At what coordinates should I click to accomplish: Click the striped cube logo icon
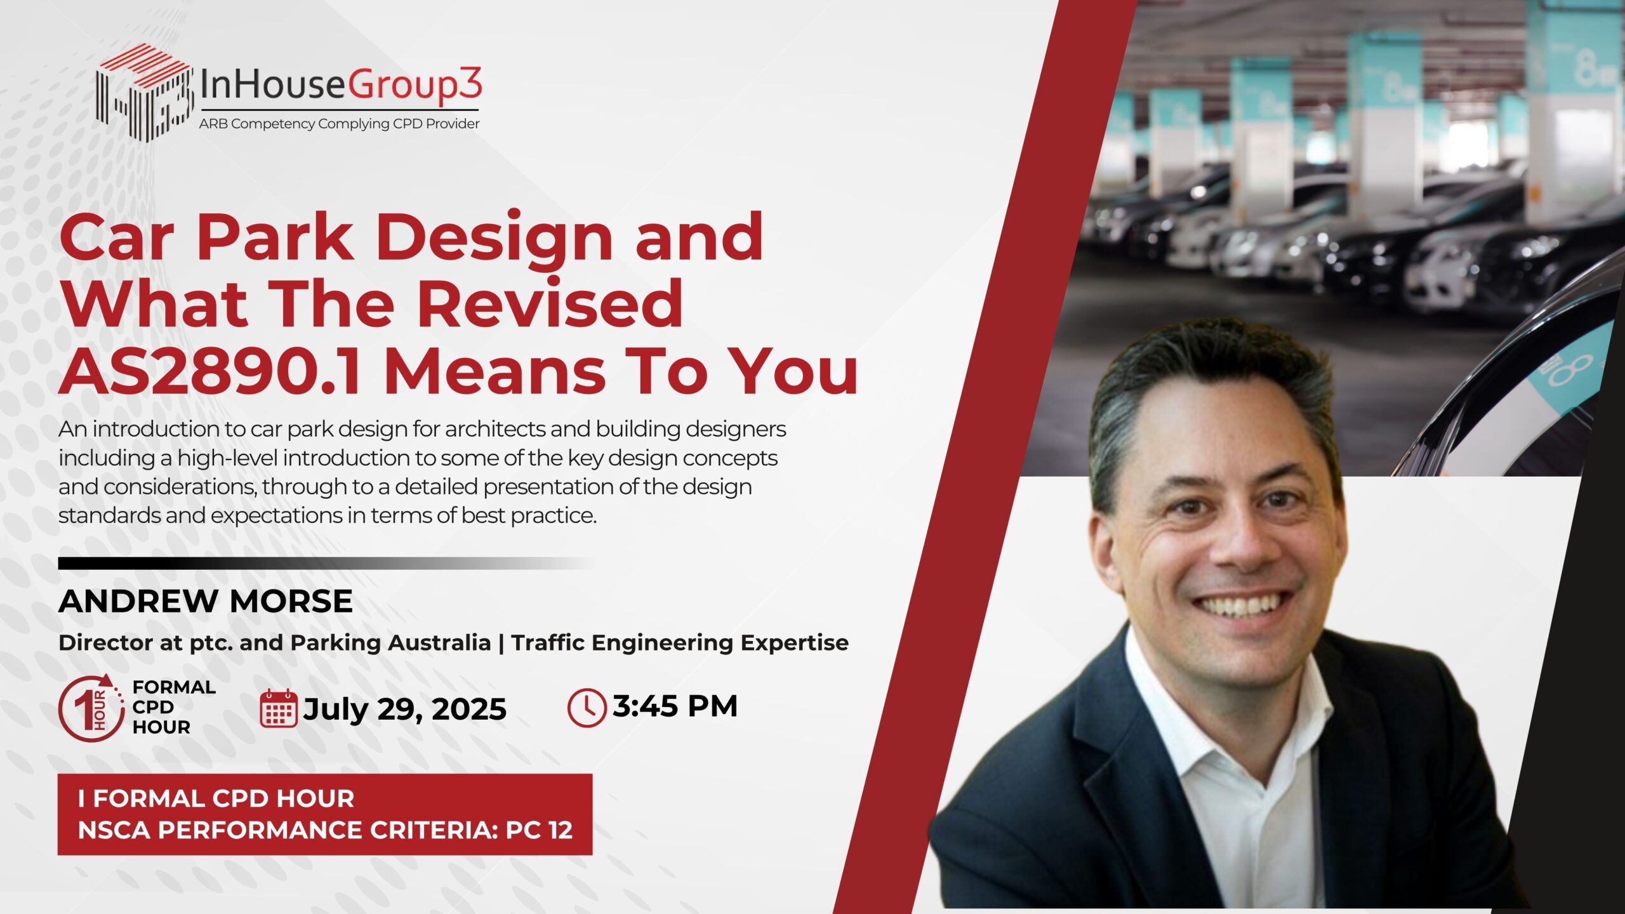click(145, 92)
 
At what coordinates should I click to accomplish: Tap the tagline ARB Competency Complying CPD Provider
click(339, 124)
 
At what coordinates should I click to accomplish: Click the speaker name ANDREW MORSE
click(206, 601)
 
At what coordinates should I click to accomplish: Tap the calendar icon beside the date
click(279, 708)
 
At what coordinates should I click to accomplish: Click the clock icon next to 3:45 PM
click(586, 707)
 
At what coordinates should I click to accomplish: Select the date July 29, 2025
click(405, 710)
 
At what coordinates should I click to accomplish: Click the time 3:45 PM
click(675, 706)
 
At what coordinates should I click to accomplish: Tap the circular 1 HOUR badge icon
click(91, 708)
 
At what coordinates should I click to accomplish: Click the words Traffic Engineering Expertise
click(680, 643)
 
